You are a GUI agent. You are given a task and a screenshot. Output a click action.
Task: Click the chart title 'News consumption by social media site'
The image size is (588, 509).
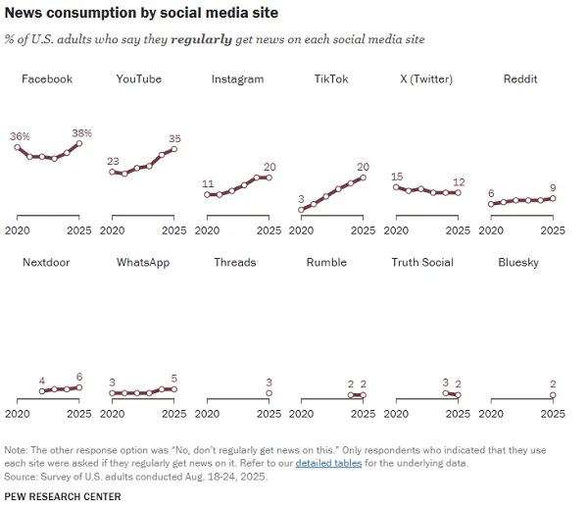(x=141, y=14)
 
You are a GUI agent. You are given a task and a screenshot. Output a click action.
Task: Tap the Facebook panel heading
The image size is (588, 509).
(x=47, y=79)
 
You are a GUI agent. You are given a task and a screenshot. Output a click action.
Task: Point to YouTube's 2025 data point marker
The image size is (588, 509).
(x=174, y=149)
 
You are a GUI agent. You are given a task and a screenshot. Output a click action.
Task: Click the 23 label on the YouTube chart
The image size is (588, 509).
(x=113, y=161)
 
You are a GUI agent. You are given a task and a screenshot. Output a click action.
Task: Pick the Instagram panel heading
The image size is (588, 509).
(x=237, y=79)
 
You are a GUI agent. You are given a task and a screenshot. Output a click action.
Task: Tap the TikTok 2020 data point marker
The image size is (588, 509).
(x=302, y=209)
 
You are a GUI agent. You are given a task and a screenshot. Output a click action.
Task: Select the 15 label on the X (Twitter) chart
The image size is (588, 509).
(x=397, y=177)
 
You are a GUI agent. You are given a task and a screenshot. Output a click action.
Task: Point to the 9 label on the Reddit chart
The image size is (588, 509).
(x=554, y=187)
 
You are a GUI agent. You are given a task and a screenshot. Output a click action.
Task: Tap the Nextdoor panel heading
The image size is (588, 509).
(x=46, y=263)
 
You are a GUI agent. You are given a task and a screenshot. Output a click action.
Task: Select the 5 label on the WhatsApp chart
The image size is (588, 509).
(x=174, y=379)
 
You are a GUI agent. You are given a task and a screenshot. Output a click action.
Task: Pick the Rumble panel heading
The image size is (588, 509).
(x=326, y=263)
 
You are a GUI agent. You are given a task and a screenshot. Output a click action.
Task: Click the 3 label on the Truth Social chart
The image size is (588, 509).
(x=445, y=382)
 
